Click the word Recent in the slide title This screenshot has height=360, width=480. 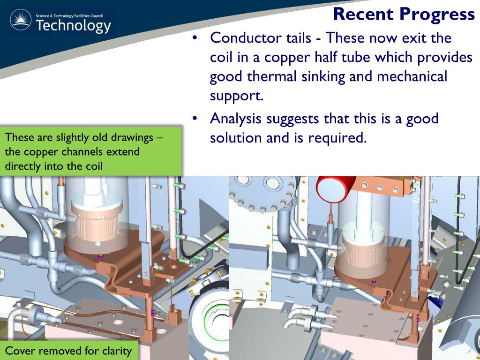(x=364, y=14)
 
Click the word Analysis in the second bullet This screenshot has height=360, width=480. (x=236, y=119)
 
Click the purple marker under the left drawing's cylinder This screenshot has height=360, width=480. (x=99, y=257)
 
